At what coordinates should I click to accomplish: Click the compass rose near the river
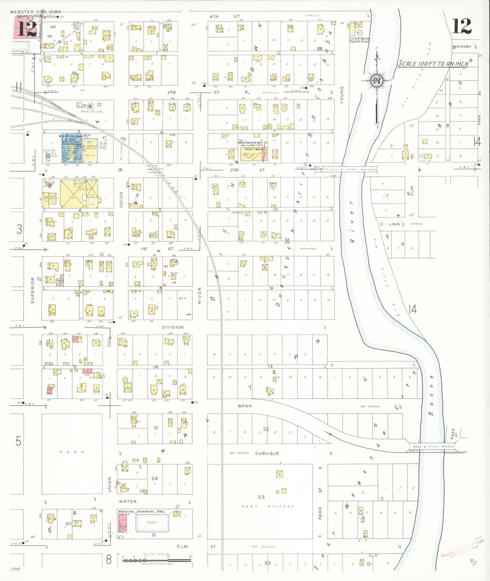[x=377, y=81]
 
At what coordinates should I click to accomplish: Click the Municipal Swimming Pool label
[x=141, y=511]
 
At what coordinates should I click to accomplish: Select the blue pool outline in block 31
[x=152, y=523]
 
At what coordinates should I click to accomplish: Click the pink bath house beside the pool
[x=122, y=522]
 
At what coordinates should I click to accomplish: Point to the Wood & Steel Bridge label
[x=431, y=446]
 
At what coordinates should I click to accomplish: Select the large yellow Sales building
[x=78, y=193]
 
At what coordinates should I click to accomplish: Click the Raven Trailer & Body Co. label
[x=253, y=143]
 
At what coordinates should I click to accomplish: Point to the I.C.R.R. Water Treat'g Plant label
[x=359, y=40]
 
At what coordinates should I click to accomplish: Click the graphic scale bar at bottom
[x=156, y=560]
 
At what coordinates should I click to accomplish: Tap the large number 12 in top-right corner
[x=462, y=26]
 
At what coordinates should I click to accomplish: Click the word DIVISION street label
[x=173, y=327]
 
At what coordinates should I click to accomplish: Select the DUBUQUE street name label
[x=267, y=453]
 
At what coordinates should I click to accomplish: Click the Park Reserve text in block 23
[x=268, y=506]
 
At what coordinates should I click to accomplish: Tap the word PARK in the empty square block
[x=72, y=452]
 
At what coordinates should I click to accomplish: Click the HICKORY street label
[x=462, y=47]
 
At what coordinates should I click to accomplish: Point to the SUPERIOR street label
[x=33, y=290]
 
